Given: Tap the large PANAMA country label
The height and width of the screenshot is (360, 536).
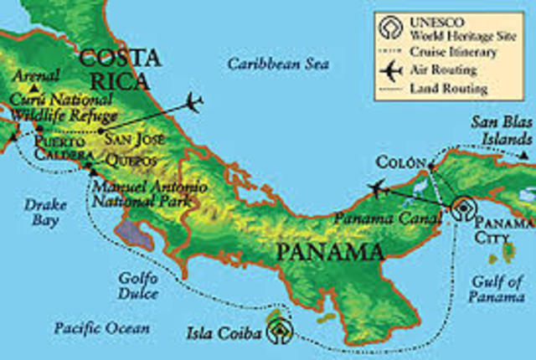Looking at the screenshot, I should [331, 250].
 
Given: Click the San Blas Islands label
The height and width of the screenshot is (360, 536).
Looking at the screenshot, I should [502, 130].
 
